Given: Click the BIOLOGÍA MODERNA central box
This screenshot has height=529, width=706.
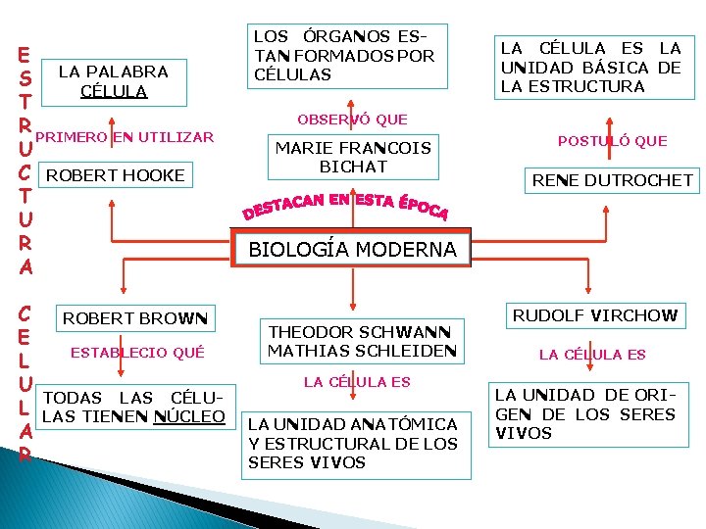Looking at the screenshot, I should [353, 249].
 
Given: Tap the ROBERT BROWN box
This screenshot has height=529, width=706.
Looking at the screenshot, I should [135, 318].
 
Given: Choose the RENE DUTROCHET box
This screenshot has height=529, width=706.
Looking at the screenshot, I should [612, 179].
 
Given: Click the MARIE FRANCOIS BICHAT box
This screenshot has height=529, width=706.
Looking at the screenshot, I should [353, 158].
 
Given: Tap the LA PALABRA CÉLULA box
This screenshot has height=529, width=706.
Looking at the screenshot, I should [114, 80].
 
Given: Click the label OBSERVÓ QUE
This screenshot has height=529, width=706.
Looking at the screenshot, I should [352, 120].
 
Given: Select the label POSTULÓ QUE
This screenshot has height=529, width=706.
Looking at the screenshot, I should [612, 141].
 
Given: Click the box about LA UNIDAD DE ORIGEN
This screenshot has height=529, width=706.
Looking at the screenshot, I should [584, 414].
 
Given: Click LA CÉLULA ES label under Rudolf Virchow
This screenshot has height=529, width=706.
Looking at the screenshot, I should [593, 355].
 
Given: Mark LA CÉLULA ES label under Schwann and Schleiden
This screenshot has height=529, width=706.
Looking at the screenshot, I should [357, 381].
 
